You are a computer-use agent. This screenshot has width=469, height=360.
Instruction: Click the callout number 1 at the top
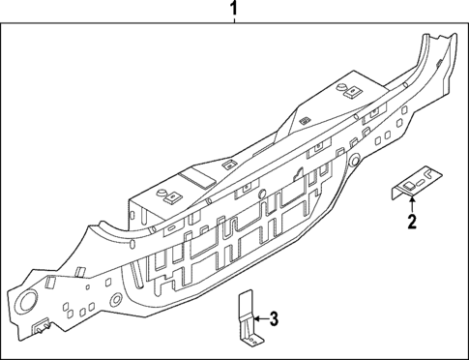pos(233,11)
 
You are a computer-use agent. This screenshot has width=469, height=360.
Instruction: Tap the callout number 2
pos(413,223)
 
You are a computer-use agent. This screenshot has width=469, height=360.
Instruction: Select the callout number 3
pos(274,317)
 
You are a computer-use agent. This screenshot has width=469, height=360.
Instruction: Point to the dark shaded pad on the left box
pos(197,178)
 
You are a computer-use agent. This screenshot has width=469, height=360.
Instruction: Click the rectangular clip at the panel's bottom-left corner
pos(40,330)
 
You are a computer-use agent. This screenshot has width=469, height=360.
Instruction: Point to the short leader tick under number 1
pos(233,27)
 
